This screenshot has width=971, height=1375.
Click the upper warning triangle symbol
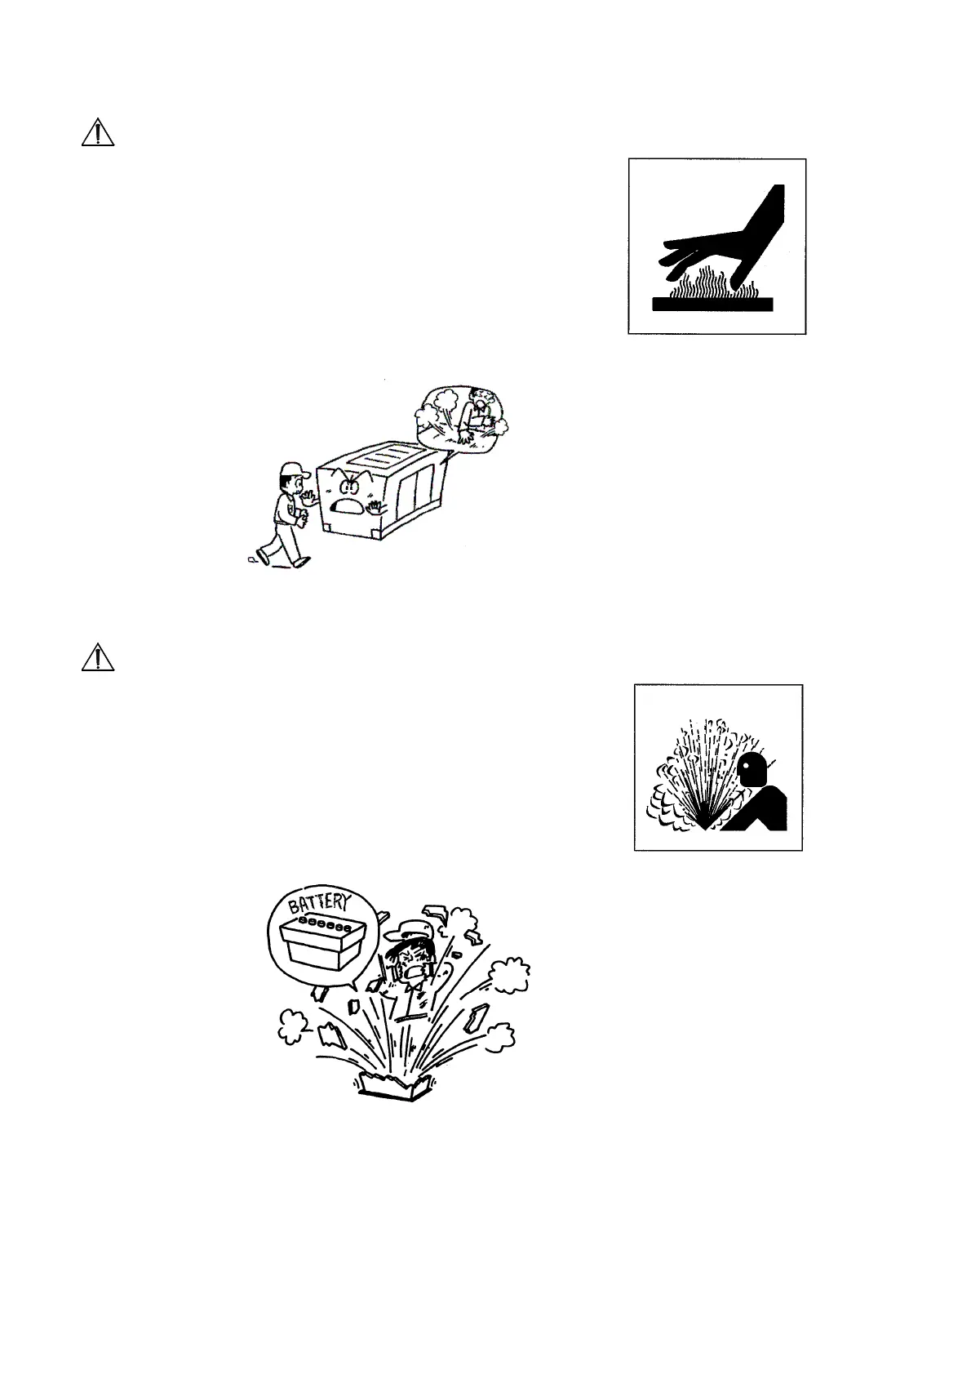(x=97, y=132)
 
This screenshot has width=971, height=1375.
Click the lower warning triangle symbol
(x=97, y=657)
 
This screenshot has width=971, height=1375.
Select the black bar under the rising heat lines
(x=712, y=304)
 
